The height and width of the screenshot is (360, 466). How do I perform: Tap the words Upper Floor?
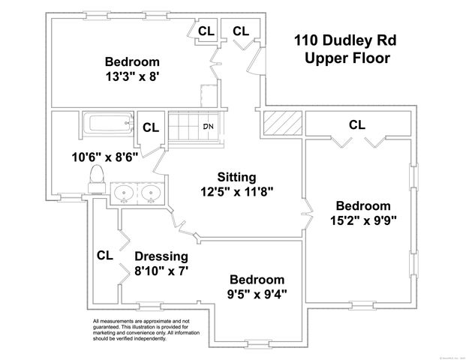(347, 59)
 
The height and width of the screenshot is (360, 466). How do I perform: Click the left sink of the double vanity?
(125, 194)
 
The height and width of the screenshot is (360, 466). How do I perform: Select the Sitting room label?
(236, 177)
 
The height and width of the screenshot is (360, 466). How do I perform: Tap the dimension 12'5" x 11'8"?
(236, 191)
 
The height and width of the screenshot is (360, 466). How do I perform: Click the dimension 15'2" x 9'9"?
(362, 220)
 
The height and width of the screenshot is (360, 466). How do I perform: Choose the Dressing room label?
(161, 256)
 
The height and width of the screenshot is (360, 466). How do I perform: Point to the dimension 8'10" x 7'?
(161, 271)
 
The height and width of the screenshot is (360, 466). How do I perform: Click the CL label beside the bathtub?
(151, 127)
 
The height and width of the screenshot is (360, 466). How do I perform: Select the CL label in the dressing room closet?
(104, 255)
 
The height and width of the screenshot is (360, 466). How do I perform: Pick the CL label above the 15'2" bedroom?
(357, 124)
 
